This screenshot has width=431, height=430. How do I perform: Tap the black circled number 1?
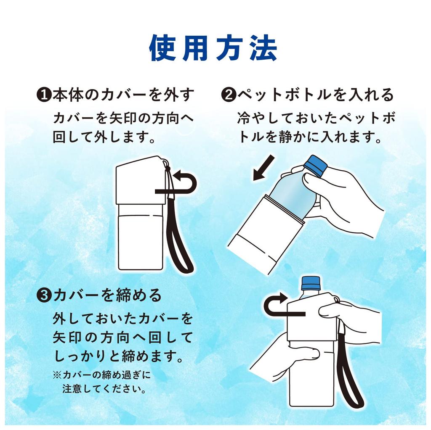click(x=44, y=95)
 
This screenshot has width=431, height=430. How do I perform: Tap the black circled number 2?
click(x=229, y=95)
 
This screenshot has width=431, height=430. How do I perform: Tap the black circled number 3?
click(x=44, y=295)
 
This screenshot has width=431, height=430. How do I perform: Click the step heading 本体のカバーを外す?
click(x=123, y=95)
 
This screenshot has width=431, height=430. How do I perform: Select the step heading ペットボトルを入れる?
click(x=316, y=95)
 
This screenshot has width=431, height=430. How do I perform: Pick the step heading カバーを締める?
click(x=107, y=295)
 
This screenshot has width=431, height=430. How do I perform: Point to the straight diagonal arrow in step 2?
click(x=263, y=168)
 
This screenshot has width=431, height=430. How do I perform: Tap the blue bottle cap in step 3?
click(x=311, y=284)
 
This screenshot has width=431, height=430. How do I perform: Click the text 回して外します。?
click(x=104, y=137)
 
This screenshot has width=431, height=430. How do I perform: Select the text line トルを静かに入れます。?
click(x=310, y=137)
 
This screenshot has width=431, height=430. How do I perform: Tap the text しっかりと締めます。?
click(x=118, y=356)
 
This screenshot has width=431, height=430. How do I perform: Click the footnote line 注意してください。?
click(x=104, y=389)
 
